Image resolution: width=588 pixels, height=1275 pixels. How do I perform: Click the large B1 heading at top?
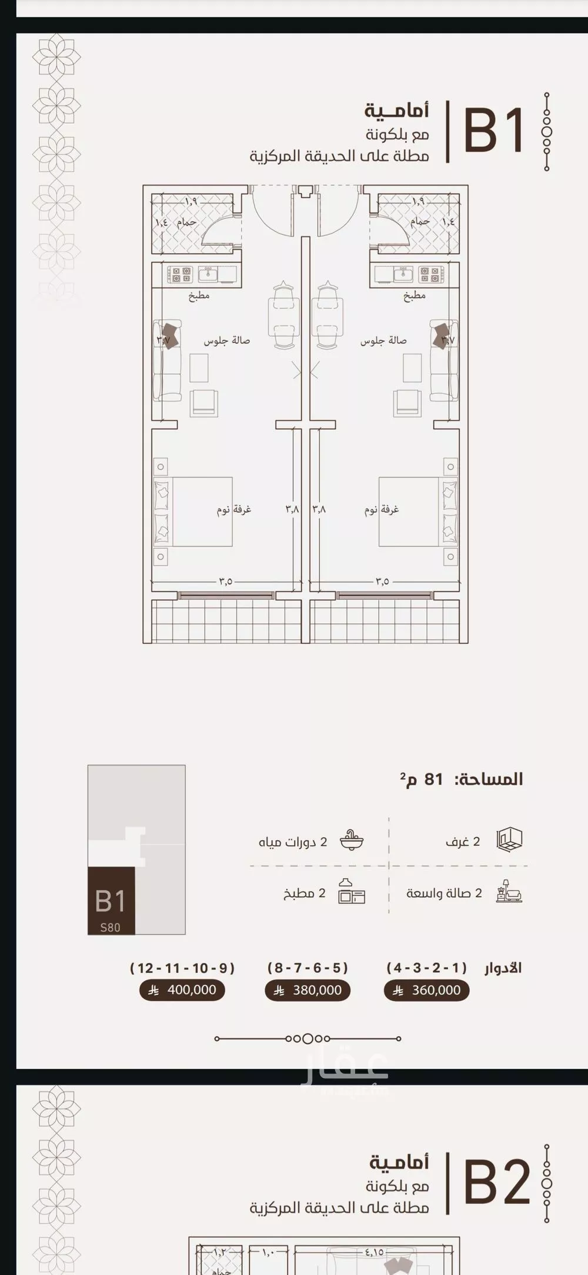(493, 131)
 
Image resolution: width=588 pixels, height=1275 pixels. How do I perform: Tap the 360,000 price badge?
(426, 990)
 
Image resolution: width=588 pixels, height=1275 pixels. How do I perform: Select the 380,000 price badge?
(308, 990)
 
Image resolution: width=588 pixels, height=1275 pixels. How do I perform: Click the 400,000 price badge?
(182, 990)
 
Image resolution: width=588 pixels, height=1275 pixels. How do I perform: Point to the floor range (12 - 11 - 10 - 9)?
(182, 968)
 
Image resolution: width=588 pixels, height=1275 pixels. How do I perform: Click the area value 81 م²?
(421, 779)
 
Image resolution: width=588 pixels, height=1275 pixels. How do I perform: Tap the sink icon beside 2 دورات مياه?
(352, 841)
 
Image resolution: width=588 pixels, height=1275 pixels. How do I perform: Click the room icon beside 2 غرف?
(510, 839)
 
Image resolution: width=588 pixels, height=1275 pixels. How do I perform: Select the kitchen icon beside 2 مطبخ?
(352, 892)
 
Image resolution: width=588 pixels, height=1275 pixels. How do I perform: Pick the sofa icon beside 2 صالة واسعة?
(509, 892)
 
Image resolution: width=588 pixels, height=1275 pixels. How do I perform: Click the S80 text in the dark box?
(110, 927)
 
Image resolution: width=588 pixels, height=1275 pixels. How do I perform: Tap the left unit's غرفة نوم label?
(233, 509)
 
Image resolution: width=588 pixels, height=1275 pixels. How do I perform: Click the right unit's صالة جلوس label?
(383, 341)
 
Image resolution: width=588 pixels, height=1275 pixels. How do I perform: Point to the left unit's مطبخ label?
(199, 296)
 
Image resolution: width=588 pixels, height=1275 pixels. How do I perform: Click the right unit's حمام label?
(420, 222)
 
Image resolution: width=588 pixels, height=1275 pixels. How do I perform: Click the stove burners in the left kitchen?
(180, 274)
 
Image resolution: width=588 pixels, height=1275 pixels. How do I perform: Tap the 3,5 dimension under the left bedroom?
(226, 581)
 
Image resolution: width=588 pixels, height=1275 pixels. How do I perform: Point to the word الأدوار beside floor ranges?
(503, 968)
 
